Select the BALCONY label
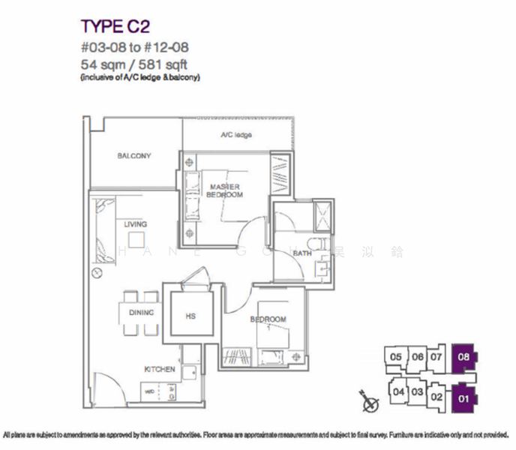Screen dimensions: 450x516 133,156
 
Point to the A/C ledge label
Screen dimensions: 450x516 235,135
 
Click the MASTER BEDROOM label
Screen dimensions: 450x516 226,190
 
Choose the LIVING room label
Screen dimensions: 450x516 136,224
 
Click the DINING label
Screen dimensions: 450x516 141,313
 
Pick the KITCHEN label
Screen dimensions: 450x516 160,369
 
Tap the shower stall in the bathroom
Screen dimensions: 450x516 324,214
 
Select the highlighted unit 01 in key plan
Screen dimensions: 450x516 463,398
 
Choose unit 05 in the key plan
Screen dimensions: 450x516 396,357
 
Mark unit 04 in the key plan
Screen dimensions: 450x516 399,391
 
